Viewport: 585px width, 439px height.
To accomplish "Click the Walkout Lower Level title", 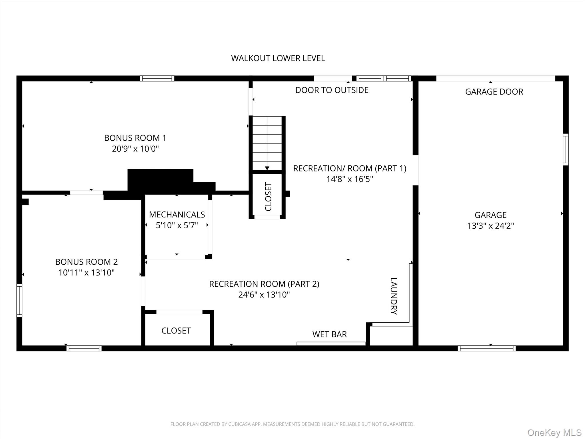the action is (x=278, y=58).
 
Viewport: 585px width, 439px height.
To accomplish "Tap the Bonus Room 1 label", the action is (x=135, y=138).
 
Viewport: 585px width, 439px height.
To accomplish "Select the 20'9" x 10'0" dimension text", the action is (x=135, y=149).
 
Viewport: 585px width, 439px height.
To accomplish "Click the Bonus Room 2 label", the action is (x=86, y=262).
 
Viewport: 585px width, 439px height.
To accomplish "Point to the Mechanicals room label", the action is (x=177, y=215).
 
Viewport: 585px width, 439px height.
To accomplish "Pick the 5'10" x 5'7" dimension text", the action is (x=177, y=226).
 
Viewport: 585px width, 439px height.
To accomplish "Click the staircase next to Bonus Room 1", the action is (x=267, y=143).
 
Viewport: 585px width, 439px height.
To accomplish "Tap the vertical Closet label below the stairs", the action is (x=268, y=197).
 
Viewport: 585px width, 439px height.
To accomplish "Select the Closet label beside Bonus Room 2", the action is (x=176, y=331).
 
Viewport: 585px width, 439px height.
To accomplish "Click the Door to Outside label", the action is (x=332, y=90).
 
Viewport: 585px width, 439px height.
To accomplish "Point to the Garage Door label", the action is (x=494, y=92).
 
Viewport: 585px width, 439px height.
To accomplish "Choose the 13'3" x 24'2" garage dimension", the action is (x=490, y=226).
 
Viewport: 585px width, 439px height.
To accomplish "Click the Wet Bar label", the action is (x=330, y=334).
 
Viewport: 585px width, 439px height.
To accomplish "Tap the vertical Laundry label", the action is (x=394, y=296).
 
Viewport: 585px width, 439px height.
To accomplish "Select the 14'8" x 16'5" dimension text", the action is (x=350, y=179).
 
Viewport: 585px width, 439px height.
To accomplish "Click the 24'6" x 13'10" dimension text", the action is (x=264, y=295).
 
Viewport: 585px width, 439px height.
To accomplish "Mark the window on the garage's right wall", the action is (x=566, y=149).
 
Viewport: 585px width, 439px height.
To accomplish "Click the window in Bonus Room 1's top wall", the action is (x=157, y=78).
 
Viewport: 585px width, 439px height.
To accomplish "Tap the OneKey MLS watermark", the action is (x=554, y=432).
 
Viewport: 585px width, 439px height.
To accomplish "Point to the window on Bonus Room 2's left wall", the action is (x=19, y=300).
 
